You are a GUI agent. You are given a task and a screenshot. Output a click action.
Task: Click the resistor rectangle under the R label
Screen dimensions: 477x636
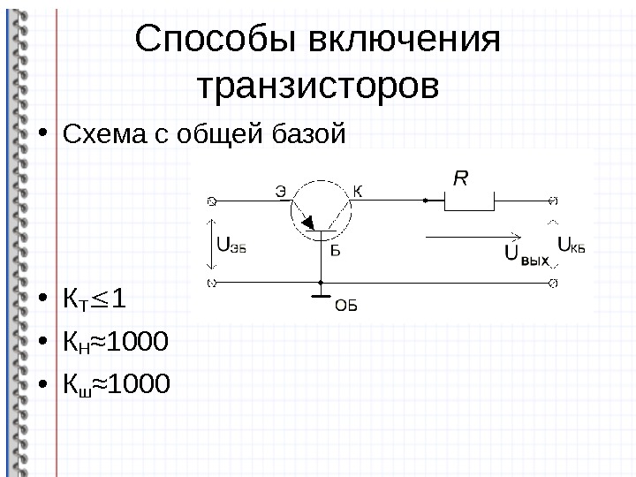pyautogui.click(x=468, y=201)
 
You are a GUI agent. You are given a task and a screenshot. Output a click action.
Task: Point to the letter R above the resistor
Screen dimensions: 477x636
pyautogui.click(x=461, y=179)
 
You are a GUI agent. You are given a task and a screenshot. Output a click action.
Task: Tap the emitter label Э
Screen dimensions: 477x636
pyautogui.click(x=280, y=189)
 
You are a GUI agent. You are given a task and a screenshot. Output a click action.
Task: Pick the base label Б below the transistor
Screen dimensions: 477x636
pyautogui.click(x=336, y=250)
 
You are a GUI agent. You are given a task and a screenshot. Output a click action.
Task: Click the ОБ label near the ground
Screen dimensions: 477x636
pyautogui.click(x=345, y=307)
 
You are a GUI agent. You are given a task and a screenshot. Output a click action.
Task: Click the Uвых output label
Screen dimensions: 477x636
pyautogui.click(x=527, y=255)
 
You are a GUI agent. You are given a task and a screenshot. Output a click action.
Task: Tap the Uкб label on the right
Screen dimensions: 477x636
pyautogui.click(x=572, y=245)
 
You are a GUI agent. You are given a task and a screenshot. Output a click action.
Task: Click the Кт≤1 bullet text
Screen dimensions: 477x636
pyautogui.click(x=93, y=300)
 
